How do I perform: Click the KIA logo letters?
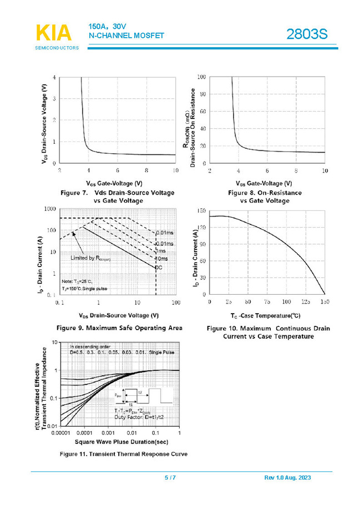54,33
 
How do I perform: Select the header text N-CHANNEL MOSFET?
126,36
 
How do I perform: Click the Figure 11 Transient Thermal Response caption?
124,453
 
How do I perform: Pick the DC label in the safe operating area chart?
158,268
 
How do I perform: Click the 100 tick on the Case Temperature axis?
286,302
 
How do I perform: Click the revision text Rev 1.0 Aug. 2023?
288,478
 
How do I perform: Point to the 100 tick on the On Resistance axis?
202,77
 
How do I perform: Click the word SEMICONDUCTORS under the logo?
57,48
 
